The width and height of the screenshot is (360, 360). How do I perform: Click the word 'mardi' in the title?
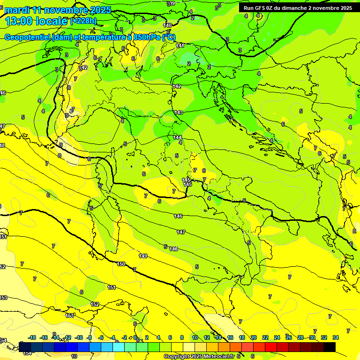[x=18, y=10]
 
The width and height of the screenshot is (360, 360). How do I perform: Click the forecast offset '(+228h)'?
[x=83, y=21]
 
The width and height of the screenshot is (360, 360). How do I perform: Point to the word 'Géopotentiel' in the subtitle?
[x=27, y=37]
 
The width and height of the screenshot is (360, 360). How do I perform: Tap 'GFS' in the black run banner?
[x=259, y=8]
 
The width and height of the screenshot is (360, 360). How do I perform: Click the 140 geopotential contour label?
[x=167, y=25]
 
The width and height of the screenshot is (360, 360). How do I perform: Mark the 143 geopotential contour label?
[x=179, y=112]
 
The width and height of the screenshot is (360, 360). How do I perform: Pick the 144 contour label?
[x=177, y=137]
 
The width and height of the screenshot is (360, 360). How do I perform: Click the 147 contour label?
[x=181, y=232]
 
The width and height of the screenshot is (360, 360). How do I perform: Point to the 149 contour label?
[x=143, y=256]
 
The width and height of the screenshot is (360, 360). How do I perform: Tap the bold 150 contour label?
[x=121, y=264]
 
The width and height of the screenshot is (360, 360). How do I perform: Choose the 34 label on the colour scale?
[x=336, y=337]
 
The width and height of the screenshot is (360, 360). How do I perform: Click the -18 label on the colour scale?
[x=32, y=337]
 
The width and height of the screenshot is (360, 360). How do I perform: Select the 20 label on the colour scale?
[x=254, y=337]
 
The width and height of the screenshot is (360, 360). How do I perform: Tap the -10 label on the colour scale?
[x=79, y=337]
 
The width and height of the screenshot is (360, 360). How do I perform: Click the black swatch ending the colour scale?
[x=329, y=347]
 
